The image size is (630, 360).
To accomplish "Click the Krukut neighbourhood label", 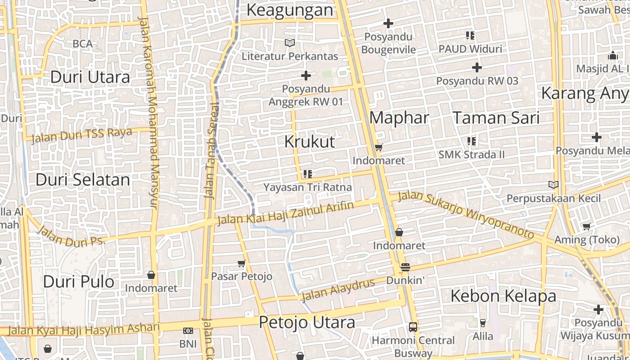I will [x=310, y=142].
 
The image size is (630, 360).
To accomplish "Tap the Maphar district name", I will [x=399, y=118].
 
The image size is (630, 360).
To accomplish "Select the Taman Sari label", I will [x=496, y=118].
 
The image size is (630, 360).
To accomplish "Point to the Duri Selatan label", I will [x=83, y=180].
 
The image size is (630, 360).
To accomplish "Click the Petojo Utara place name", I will [x=307, y=322].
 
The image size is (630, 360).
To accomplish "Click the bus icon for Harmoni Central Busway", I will [x=413, y=327].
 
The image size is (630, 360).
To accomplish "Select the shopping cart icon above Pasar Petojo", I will [x=242, y=263].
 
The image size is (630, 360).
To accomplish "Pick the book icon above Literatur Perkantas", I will [x=290, y=43].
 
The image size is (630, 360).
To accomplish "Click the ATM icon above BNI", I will [x=188, y=331].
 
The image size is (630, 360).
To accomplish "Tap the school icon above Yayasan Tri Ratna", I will [x=308, y=174].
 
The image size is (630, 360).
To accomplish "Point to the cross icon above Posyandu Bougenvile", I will [x=388, y=23].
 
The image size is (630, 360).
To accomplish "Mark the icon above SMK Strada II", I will [x=471, y=141].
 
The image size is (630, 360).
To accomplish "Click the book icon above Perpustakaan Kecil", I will [x=553, y=184].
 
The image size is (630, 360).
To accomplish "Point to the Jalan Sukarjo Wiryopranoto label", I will [x=466, y=214].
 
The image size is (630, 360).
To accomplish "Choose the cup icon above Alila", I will [x=482, y=323].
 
